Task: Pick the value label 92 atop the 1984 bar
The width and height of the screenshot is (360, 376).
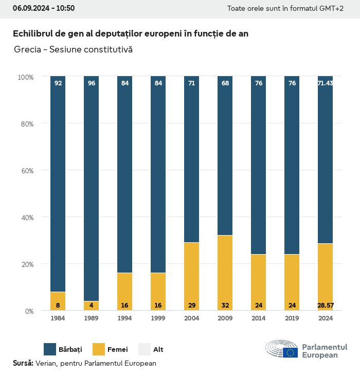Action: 58,83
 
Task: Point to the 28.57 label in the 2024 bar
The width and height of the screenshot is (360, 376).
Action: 325,306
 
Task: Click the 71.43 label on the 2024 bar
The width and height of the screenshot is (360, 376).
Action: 325,83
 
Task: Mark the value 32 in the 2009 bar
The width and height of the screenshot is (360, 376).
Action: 225,306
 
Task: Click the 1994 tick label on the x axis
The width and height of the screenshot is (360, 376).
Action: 125,318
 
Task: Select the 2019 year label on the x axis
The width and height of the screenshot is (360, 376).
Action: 292,318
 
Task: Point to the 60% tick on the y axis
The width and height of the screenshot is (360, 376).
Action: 26,171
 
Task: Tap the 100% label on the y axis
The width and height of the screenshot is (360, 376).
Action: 25,77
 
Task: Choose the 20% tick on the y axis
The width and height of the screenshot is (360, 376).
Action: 26,264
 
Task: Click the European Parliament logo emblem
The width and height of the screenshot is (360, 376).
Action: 282,349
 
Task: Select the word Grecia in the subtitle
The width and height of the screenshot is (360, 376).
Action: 28,50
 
